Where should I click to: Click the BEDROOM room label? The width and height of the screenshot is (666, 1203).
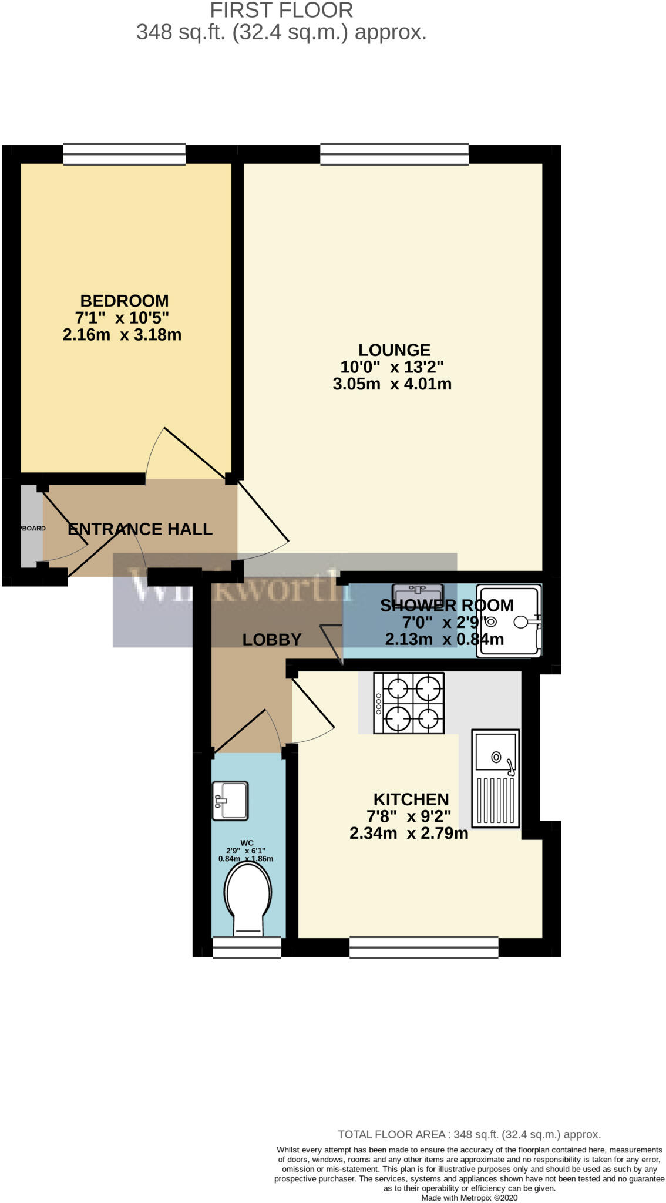click(x=124, y=301)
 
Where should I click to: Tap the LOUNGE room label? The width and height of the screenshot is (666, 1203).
click(x=394, y=350)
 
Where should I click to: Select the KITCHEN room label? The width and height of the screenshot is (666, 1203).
click(x=411, y=799)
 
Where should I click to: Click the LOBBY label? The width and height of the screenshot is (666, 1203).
click(x=272, y=640)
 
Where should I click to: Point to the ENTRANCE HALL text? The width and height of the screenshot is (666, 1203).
click(x=140, y=529)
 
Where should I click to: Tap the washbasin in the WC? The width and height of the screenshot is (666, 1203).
click(x=230, y=800)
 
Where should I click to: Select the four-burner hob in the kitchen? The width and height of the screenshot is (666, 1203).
click(x=409, y=703)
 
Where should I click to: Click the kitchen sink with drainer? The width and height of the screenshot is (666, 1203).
click(x=495, y=778)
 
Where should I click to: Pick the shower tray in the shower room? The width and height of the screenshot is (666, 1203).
click(x=509, y=620)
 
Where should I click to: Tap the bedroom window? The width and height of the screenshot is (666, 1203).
click(x=125, y=154)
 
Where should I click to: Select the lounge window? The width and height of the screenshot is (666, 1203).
click(x=394, y=154)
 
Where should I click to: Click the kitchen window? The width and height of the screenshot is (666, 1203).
click(x=423, y=947)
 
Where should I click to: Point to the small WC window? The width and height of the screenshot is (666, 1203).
click(x=247, y=947)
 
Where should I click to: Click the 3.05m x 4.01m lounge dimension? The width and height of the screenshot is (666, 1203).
click(x=392, y=384)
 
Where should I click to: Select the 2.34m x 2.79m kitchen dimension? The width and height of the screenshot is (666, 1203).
click(x=409, y=833)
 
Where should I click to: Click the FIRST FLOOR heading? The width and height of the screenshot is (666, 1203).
click(x=281, y=10)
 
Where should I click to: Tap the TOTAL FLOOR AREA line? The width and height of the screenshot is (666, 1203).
click(x=469, y=1134)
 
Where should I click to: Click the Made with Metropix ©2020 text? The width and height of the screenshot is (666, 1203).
click(x=469, y=1198)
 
